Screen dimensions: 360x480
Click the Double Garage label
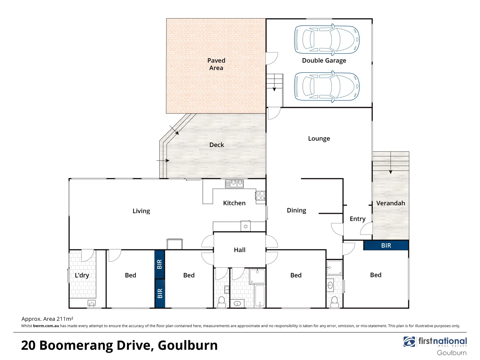(x=324, y=61)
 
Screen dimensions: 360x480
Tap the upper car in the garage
(x=327, y=40)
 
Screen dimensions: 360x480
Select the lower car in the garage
(x=327, y=86)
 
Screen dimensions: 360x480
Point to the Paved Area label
(x=216, y=64)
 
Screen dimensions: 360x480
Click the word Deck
(x=217, y=145)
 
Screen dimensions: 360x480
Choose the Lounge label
(x=319, y=139)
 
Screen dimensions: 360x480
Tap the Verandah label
(x=391, y=203)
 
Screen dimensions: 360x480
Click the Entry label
(x=358, y=219)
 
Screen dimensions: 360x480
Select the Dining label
(x=296, y=210)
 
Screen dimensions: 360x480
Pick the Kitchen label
(x=234, y=203)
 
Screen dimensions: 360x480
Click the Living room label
(x=141, y=211)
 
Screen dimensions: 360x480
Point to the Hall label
(x=240, y=250)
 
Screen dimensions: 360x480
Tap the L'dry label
(x=82, y=275)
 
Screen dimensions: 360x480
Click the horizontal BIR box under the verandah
(x=386, y=246)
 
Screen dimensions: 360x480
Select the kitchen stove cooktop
(x=260, y=195)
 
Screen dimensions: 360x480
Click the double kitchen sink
(x=234, y=183)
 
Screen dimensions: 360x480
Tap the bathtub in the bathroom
(x=259, y=296)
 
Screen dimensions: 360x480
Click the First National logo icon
(x=409, y=342)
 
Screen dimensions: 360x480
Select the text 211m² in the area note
(x=65, y=319)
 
